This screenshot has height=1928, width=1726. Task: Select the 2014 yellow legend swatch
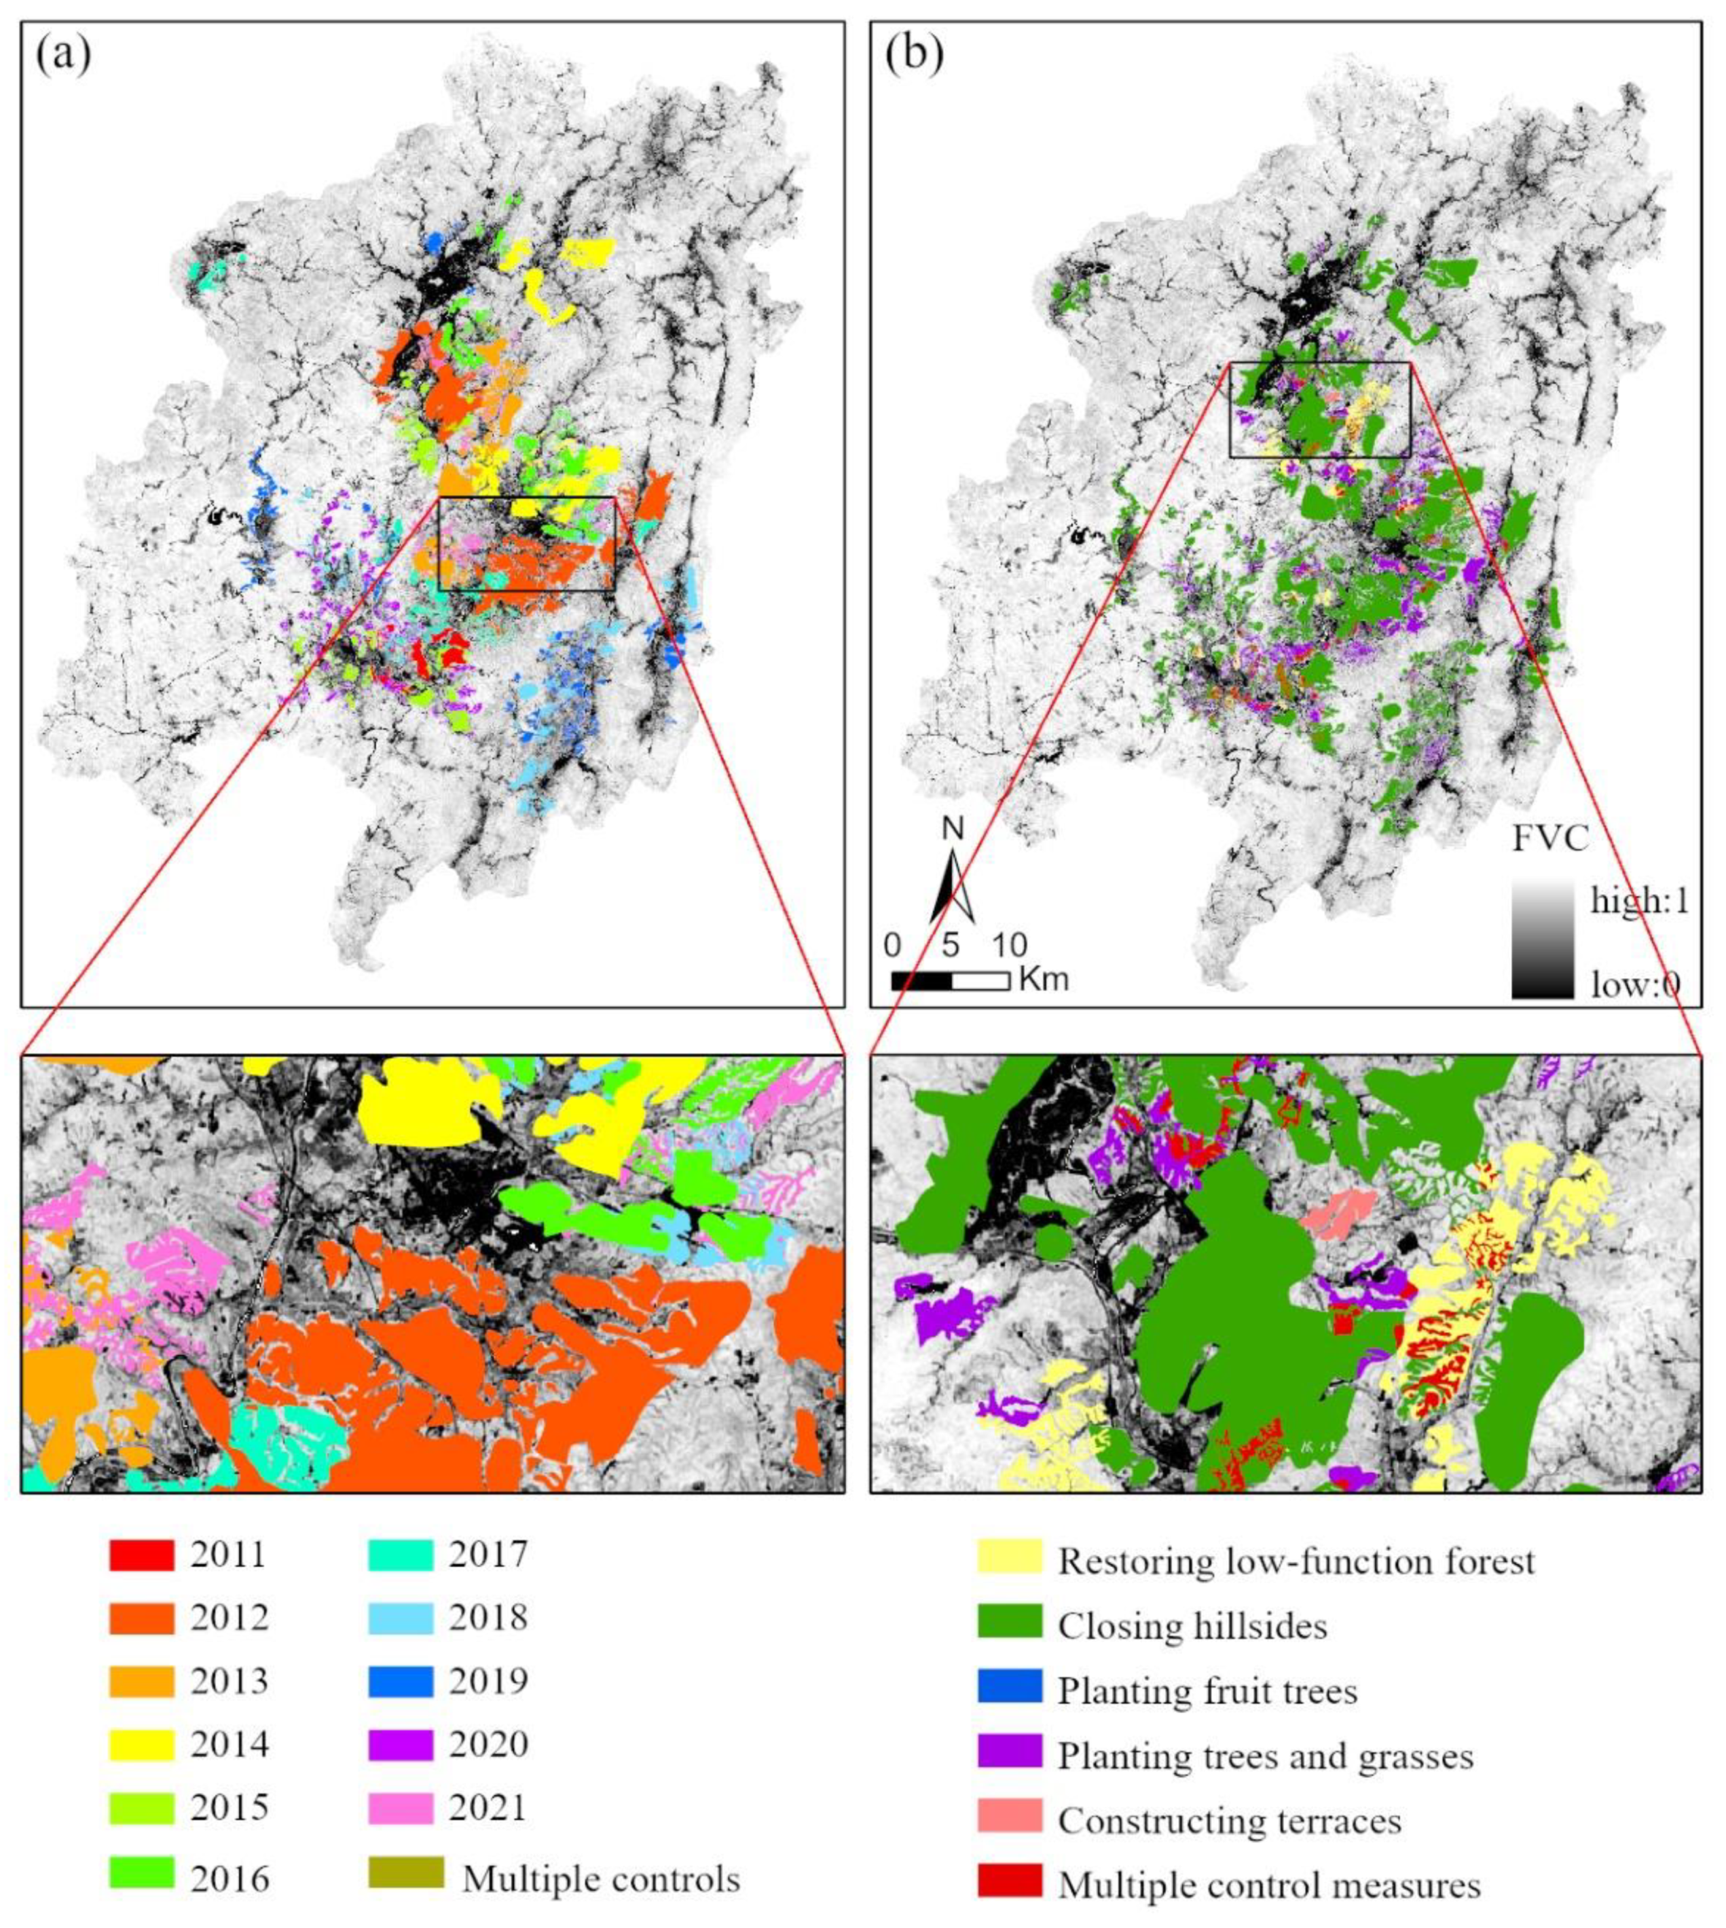point(141,1745)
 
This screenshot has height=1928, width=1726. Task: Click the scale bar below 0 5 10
point(950,980)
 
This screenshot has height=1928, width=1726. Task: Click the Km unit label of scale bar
point(1043,980)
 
